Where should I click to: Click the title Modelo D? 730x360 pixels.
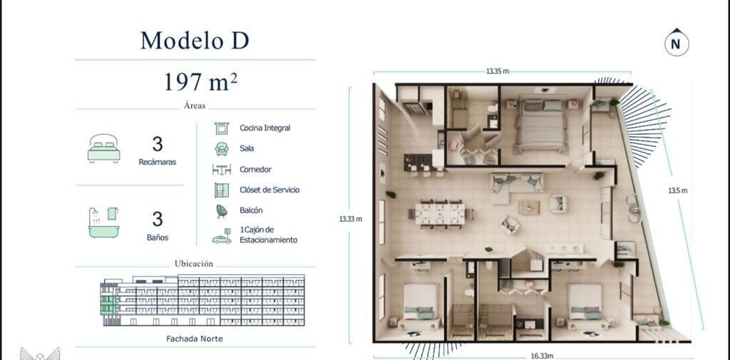pos(195,41)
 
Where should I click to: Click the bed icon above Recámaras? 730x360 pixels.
pos(103,148)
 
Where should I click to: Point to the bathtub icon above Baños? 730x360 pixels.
pos(103,222)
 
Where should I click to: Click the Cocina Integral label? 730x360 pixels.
pos(265,128)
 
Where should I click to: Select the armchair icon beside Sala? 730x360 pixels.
pos(222,148)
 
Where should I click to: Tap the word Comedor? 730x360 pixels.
pos(256,170)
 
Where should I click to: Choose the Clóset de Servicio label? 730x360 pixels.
pos(269,190)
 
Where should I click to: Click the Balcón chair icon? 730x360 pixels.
pos(222,212)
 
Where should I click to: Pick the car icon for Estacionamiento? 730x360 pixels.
pos(222,237)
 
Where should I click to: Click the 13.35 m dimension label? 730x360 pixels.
pos(498,71)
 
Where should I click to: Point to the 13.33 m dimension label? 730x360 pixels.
pos(351,219)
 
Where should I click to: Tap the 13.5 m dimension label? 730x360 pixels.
pos(678,190)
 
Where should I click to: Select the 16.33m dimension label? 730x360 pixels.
pos(543,356)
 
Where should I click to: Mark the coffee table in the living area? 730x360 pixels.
pos(529,207)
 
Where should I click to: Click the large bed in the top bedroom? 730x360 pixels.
pos(540,125)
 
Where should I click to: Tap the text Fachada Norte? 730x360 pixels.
pos(195,339)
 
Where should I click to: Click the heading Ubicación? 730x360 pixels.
pos(194,264)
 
